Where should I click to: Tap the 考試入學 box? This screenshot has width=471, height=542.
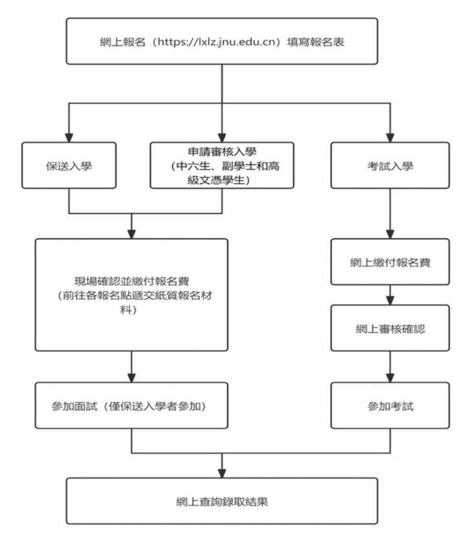click(x=390, y=165)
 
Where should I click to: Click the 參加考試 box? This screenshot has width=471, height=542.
click(x=390, y=405)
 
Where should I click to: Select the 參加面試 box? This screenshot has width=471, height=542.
click(x=131, y=405)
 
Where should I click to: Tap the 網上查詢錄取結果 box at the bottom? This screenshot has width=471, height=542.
click(x=222, y=500)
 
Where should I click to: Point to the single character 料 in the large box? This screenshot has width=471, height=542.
click(x=131, y=309)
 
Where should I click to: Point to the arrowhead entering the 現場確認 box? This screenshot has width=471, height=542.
click(x=131, y=233)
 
